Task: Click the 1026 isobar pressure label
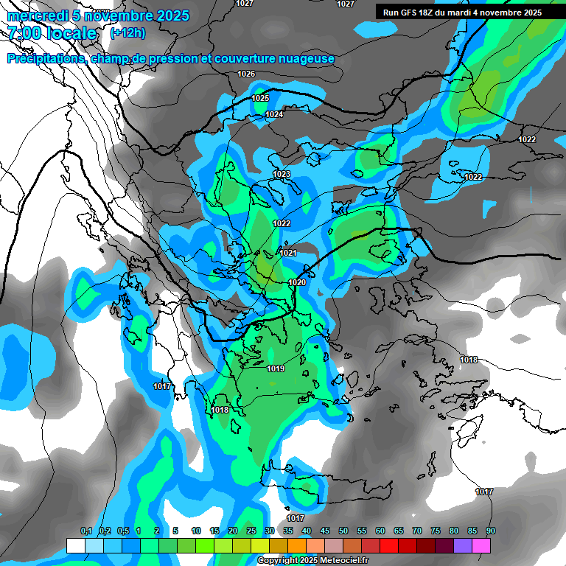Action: pos(246,74)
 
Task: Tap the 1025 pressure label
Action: pos(260,98)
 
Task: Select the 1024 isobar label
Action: pos(274,114)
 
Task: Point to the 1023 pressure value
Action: pos(282,175)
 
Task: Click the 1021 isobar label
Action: pos(288,254)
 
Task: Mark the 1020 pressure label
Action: pos(297,282)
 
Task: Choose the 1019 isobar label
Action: pos(276,368)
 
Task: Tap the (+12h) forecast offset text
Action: pos(127,33)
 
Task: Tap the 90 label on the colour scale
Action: pos(491,531)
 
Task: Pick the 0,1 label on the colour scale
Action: pos(86,531)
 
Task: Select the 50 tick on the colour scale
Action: pos(343,531)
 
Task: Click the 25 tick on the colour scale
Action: pos(251,531)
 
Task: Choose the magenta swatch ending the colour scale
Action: pos(481,545)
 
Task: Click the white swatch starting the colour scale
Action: pos(76,545)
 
